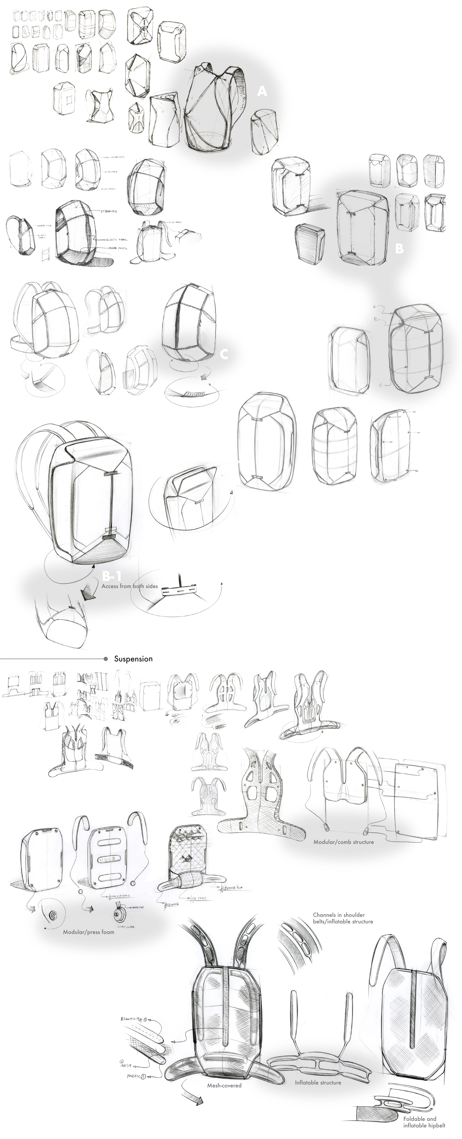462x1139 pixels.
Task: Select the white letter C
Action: [x=224, y=354]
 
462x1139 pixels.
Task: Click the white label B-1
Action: [x=111, y=576]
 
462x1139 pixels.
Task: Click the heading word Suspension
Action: [x=133, y=659]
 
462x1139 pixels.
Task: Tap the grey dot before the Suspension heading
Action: [x=106, y=659]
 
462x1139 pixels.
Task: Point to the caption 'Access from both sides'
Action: [x=130, y=586]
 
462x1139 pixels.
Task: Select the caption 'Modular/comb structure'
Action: [x=344, y=842]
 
